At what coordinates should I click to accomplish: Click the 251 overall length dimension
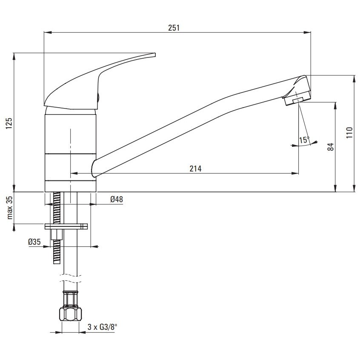coord(174,28)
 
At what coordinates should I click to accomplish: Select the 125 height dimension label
coord(9,123)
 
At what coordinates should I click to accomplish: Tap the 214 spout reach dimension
coord(195,169)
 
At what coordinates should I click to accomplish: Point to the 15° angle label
coord(304,140)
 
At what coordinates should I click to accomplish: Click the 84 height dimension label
coord(331,147)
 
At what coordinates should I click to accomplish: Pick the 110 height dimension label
coord(349,132)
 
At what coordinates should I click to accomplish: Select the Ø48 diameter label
coord(117,199)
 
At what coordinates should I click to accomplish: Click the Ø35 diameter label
coord(34,242)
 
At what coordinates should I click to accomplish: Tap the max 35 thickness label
coord(9,208)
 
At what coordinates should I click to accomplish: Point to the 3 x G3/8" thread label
coord(101,327)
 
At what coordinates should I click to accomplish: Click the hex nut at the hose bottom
coord(71,314)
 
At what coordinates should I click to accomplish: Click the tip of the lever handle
coord(155,55)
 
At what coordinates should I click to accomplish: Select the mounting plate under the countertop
coord(66,227)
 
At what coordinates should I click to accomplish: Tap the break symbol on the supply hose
coord(71,278)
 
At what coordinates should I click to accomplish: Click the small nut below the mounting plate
coord(57,234)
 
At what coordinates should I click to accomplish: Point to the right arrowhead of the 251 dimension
coord(307,33)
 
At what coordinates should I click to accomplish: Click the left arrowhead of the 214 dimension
coord(74,173)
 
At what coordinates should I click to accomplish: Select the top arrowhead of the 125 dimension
coord(14,57)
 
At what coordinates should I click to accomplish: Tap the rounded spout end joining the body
coord(94,168)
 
